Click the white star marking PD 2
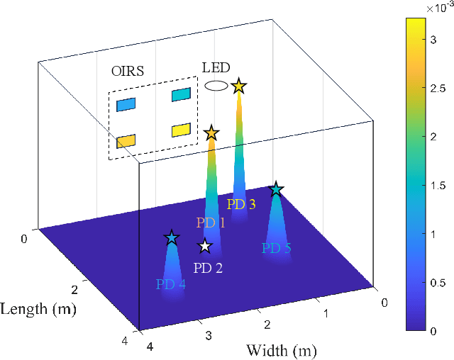(205, 246)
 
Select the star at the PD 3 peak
(238, 86)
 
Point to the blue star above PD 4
(171, 238)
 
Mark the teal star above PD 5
(276, 189)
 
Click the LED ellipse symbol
(216, 86)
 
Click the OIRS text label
(127, 71)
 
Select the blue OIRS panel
(126, 105)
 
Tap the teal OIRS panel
(181, 94)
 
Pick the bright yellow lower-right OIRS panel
(181, 130)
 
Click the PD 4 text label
(170, 284)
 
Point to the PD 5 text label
(276, 248)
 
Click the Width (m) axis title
(281, 350)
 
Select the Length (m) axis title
(39, 309)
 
